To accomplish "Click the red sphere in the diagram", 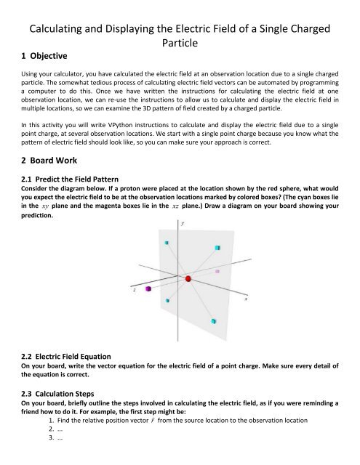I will coord(188,279).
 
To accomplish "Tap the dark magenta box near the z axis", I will coord(147,289).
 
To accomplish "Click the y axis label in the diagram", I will coord(182,225).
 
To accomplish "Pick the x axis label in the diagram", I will coord(245,298).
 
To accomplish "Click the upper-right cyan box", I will coord(217,248).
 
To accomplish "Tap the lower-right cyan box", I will coord(213,320).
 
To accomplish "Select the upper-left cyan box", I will coord(167,243).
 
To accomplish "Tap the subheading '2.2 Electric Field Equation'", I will coord(66,357).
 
